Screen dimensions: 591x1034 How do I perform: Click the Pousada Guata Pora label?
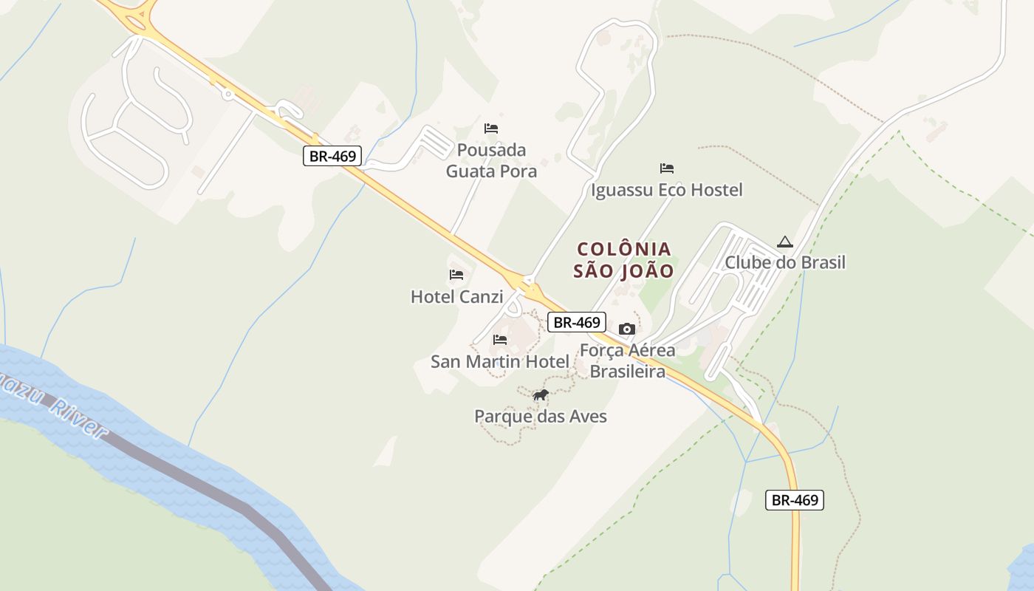(491, 161)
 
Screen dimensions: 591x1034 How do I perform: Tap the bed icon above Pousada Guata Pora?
(491, 129)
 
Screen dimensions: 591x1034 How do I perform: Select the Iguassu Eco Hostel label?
(666, 190)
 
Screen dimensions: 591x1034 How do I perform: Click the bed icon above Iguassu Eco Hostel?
(667, 168)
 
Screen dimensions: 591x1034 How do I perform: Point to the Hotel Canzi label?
(456, 297)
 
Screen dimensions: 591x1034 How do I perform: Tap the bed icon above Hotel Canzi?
(456, 275)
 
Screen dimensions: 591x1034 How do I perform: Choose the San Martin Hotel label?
(500, 362)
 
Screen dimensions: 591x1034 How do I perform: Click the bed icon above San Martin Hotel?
(500, 340)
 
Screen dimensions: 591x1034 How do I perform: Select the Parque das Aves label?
(541, 417)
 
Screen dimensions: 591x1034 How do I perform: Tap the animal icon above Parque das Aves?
(541, 395)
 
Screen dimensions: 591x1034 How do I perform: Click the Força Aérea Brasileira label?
(627, 361)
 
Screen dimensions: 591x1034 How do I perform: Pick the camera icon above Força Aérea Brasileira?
(627, 329)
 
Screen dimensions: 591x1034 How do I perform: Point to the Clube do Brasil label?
(784, 262)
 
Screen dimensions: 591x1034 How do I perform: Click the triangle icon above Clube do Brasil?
(784, 242)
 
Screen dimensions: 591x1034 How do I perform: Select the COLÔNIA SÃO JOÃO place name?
(624, 260)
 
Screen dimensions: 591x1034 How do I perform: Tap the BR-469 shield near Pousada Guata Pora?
(332, 156)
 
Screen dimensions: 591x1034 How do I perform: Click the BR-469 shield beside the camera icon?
(577, 322)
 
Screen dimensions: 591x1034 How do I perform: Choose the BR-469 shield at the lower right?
(795, 500)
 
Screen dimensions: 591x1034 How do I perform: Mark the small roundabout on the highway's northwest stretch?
(227, 94)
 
